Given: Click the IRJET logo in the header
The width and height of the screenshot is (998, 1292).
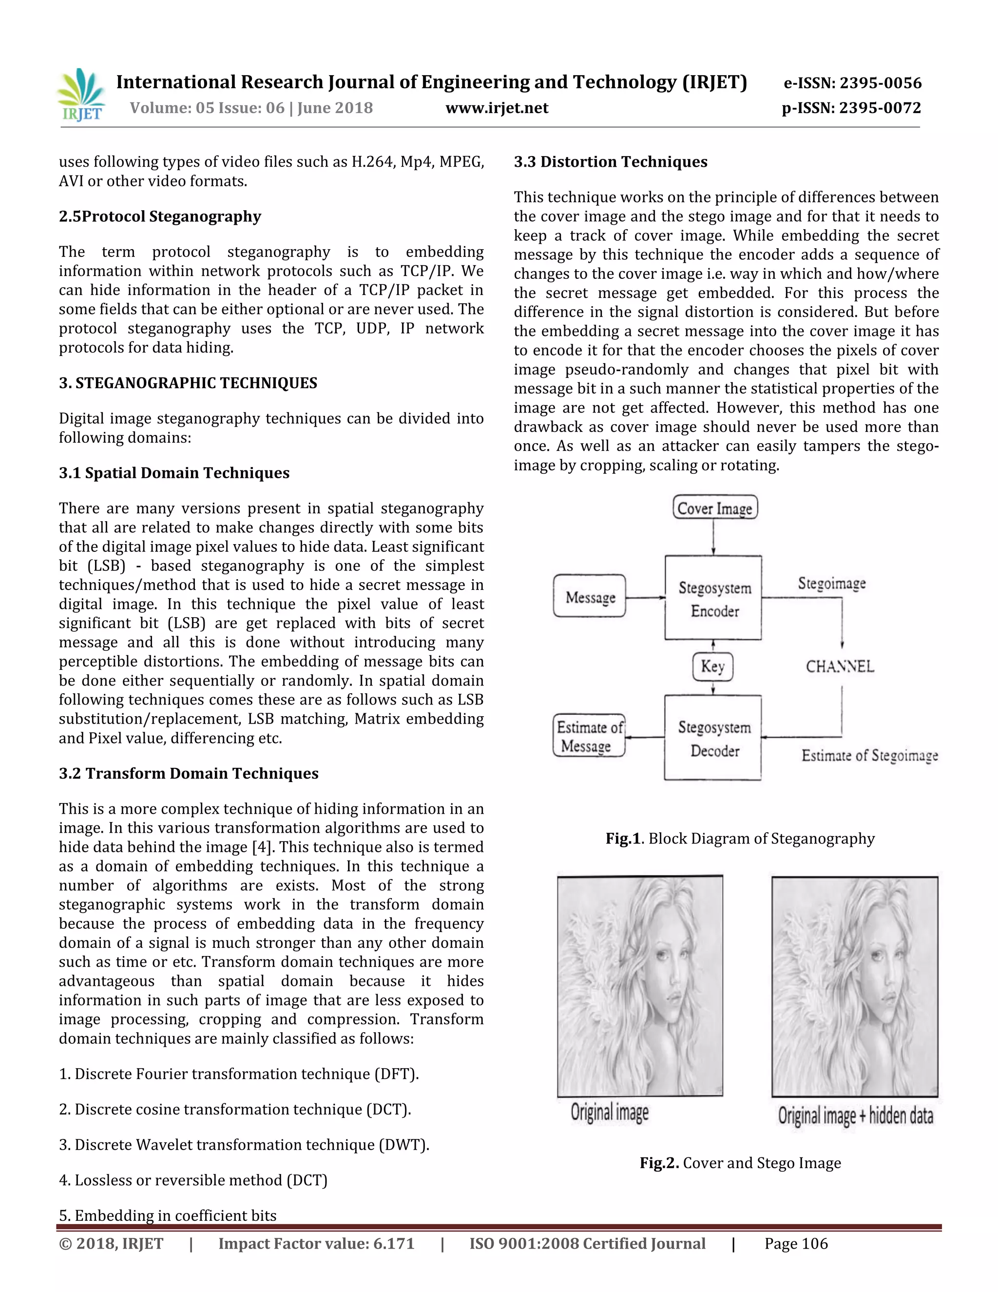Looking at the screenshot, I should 81,95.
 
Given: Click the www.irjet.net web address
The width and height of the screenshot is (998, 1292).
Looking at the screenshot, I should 497,108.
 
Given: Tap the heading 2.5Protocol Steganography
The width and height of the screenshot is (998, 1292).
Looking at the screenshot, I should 160,216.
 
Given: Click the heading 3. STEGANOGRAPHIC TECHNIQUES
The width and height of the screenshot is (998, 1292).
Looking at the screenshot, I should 188,383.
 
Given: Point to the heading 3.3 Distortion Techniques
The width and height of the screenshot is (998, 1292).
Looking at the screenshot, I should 610,162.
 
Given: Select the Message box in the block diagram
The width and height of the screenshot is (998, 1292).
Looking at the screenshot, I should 590,597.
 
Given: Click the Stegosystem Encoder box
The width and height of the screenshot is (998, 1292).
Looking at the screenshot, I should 713,598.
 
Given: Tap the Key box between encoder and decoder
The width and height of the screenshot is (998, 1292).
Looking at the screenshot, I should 712,666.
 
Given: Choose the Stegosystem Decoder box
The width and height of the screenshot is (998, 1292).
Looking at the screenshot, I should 713,738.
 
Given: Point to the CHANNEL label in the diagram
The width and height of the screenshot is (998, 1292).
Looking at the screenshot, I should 840,666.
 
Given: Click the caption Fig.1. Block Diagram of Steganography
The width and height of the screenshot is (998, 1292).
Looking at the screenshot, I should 740,839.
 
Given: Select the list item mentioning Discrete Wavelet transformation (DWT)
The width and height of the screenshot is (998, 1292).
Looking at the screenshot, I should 244,1145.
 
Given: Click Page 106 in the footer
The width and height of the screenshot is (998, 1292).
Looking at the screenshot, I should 796,1244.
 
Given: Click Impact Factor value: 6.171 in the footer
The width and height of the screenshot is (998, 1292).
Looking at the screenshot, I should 316,1244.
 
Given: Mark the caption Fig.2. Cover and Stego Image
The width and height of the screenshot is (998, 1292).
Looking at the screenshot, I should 740,1163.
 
